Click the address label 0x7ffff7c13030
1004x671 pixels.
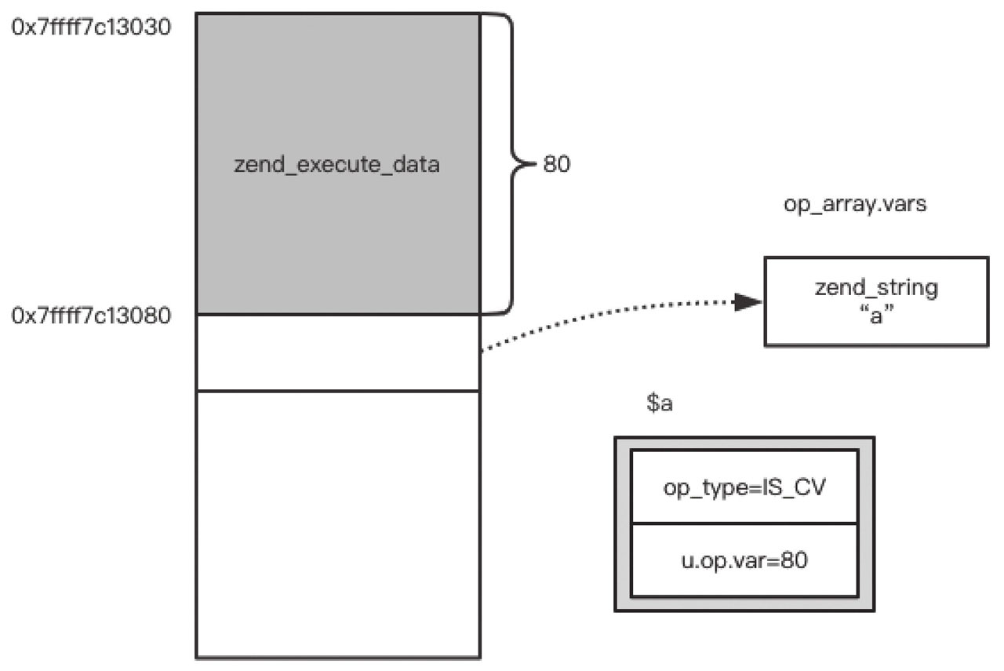click(91, 27)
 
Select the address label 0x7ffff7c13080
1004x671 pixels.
click(91, 315)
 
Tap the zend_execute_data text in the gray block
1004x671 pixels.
click(336, 165)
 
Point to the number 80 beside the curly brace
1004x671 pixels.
click(557, 164)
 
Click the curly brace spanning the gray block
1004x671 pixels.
click(512, 164)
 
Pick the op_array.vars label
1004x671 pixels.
click(855, 205)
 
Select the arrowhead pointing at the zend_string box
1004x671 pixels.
click(747, 302)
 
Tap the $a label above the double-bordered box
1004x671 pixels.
click(660, 403)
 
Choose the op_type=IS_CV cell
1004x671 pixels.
click(744, 487)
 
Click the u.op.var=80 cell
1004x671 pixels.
click(744, 560)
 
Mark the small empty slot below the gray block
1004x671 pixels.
click(338, 353)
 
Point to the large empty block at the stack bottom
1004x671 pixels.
click(338, 524)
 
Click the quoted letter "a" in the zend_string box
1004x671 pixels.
click(876, 315)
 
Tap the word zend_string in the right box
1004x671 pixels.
click(876, 288)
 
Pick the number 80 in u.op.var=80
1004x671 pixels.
click(794, 560)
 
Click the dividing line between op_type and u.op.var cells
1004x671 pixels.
click(744, 523)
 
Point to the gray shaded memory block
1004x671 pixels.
click(338, 164)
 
